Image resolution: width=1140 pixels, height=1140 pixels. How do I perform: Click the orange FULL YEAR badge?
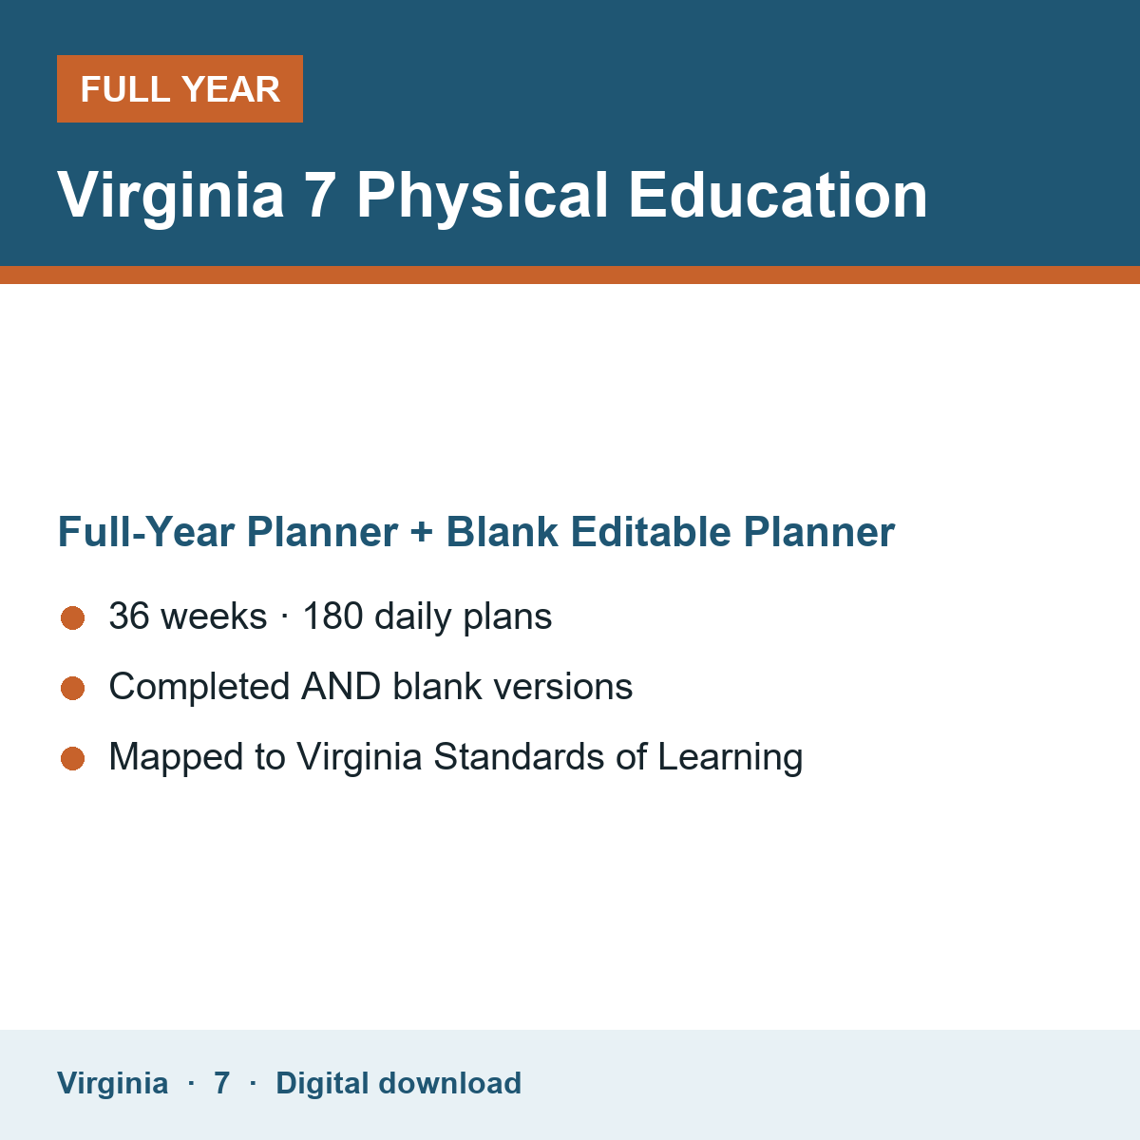pos(180,88)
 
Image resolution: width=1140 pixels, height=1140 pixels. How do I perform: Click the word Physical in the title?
pos(483,196)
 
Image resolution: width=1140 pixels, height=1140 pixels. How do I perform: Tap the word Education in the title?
pos(777,196)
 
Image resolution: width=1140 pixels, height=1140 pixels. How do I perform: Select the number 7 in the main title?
pos(319,196)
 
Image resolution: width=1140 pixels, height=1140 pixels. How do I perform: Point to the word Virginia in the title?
pos(170,196)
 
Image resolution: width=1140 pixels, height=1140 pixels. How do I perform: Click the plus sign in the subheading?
pos(422,532)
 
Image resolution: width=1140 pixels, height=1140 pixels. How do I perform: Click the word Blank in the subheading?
pos(502,531)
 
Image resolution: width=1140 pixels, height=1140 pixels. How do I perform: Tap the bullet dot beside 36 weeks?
pos(73,618)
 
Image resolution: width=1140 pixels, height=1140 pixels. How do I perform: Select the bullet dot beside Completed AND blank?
pos(73,688)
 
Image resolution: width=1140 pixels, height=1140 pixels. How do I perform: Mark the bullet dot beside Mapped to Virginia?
pos(73,758)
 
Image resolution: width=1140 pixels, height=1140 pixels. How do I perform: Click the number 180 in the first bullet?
pos(333,616)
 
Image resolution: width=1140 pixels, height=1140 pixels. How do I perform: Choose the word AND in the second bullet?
pos(341,686)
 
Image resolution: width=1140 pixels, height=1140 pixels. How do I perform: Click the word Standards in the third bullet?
pos(519,756)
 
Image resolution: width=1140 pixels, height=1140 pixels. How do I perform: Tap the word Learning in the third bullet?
pos(731,757)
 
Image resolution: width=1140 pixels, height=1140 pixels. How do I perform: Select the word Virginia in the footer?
pos(112,1084)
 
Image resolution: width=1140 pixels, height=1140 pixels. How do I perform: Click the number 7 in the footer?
pos(222,1083)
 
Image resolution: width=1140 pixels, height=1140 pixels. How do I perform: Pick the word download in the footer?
pos(449,1083)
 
